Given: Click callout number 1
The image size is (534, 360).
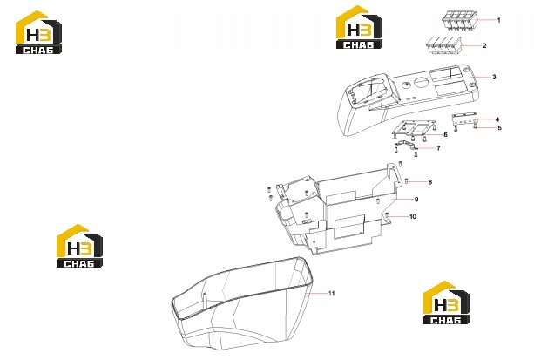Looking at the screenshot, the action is coord(499,20).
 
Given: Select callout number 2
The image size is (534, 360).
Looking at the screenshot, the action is coord(484,45).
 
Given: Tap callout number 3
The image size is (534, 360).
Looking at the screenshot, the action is coord(494,77).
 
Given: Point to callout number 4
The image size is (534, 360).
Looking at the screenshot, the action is coord(497,119).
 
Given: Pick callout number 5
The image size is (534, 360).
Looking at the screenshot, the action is coord(500,128).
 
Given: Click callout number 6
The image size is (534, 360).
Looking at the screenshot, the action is coord(445,135).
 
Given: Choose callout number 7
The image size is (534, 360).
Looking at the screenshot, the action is coord(438,148).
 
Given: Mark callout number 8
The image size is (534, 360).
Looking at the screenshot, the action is coord(430,182).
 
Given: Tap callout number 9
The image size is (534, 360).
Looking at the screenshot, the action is coord(416,200).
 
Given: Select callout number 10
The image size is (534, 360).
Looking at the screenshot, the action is coord(413,216).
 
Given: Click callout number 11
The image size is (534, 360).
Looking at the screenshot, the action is coord(332,293).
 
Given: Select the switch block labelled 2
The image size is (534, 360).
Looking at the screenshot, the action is coord(443,45).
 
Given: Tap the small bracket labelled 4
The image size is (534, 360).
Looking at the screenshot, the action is coord(464,119).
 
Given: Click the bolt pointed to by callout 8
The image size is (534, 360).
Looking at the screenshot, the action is coord(407,180).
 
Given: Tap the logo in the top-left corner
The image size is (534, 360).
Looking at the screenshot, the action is coord(38,32).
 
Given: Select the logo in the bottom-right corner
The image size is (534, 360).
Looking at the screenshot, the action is coord(446,302).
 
